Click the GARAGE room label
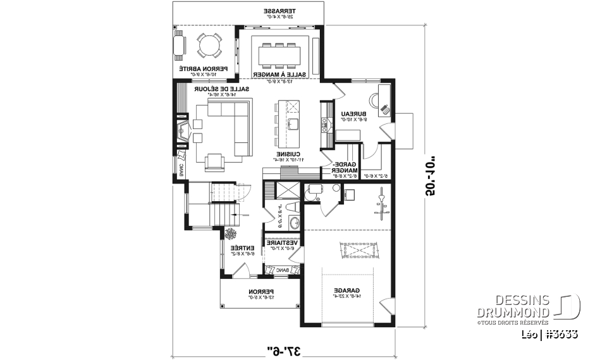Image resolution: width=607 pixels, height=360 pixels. pos(344,290)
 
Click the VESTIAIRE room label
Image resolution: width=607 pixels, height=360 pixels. pos(282,242)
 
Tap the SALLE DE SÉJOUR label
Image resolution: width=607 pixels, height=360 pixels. pos(221,90)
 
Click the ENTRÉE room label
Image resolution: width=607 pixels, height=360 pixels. pos(242,248)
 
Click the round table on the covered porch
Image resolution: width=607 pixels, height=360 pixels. pos(208,46)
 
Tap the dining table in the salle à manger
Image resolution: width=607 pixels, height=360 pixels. pos(279,54)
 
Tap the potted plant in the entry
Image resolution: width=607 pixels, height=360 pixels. pos(231,235)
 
